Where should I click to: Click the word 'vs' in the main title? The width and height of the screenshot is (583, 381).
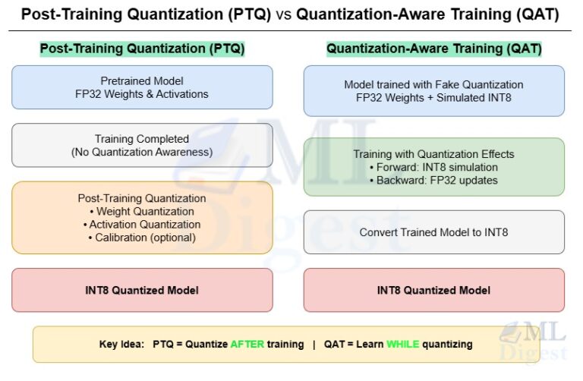click(282, 14)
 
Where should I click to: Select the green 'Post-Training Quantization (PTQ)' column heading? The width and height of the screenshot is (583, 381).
click(142, 49)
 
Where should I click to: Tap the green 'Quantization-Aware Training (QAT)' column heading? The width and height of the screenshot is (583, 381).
click(433, 49)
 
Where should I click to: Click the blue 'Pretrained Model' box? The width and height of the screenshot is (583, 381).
click(142, 87)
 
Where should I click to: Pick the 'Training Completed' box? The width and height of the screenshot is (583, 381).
click(142, 145)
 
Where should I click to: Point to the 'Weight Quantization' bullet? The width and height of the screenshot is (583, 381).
click(142, 211)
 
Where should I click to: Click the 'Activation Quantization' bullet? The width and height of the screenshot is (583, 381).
click(142, 224)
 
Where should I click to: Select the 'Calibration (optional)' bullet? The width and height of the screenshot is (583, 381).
click(142, 237)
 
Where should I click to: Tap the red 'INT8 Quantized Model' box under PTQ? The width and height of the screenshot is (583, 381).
click(142, 290)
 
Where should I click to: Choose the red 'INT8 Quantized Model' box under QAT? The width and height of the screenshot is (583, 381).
click(433, 290)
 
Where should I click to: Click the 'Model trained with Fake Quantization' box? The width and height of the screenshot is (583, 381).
click(433, 90)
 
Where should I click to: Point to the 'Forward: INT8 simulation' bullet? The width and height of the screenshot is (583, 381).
click(433, 167)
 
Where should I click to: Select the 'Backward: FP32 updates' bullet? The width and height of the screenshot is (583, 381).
click(433, 180)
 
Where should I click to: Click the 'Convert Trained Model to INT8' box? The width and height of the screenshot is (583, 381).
click(433, 232)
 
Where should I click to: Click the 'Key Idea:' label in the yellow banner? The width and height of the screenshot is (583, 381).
click(122, 344)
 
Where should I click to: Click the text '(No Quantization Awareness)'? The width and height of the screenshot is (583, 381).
click(142, 152)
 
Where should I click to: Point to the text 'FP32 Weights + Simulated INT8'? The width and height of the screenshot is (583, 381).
click(433, 97)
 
